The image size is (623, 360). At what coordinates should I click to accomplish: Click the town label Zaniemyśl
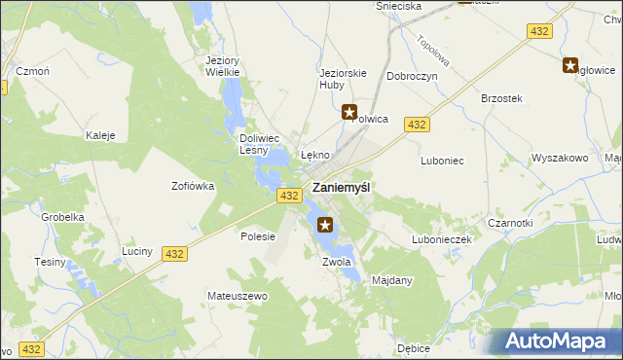[x=341, y=187]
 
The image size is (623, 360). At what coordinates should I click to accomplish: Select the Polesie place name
[x=258, y=236]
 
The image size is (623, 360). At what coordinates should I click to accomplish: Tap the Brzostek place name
[x=502, y=98]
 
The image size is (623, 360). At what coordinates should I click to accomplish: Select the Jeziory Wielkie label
[x=223, y=66]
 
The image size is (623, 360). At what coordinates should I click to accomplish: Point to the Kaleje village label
[x=101, y=135]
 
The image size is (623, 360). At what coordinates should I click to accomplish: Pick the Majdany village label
[x=393, y=280]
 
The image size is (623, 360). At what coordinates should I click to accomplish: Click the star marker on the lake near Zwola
[x=326, y=226]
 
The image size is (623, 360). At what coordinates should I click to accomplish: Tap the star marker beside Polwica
[x=349, y=113]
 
